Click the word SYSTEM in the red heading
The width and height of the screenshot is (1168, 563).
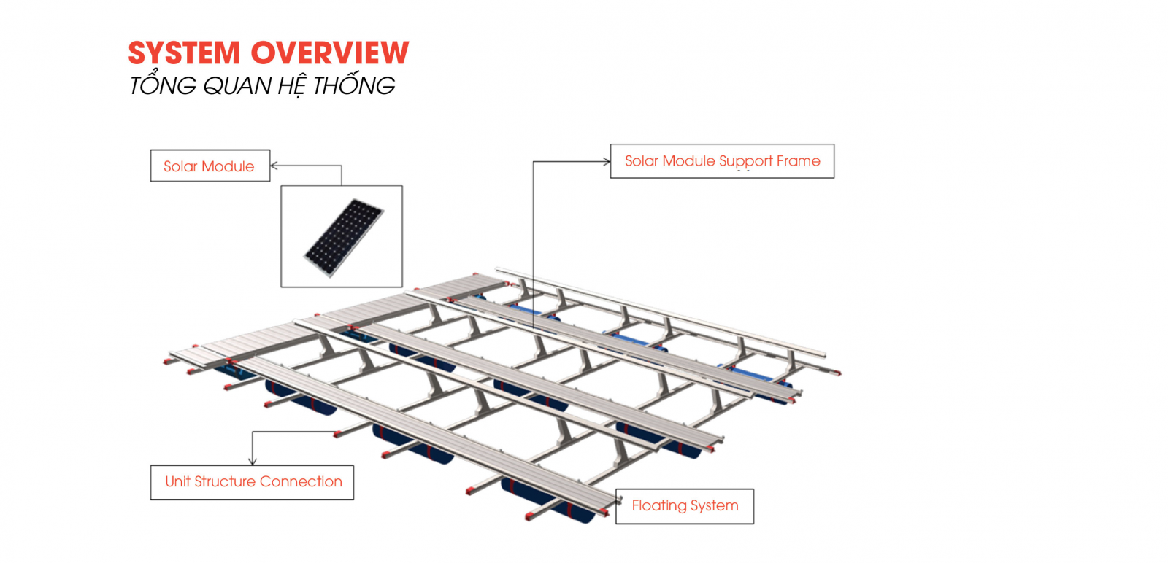tap(184, 53)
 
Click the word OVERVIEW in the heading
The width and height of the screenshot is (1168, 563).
tap(330, 53)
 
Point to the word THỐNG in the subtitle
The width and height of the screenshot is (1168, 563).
tap(354, 85)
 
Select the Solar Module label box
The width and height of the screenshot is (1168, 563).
tap(210, 166)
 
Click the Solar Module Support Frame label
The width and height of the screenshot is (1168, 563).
tap(722, 161)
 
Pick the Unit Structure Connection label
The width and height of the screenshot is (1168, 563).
tap(252, 482)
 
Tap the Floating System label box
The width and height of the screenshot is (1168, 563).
tap(685, 506)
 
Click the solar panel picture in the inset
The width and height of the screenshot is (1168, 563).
tap(344, 237)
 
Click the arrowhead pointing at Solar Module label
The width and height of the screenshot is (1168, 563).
tap(274, 166)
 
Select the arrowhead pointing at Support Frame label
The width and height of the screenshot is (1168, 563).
tap(607, 161)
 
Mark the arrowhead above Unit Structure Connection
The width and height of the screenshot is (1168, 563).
tap(253, 462)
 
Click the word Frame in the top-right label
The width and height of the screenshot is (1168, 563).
tap(799, 161)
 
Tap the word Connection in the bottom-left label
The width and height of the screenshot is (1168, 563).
tap(301, 482)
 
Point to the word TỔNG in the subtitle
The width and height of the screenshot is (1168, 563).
tap(162, 85)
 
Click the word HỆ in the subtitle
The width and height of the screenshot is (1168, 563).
tap(291, 87)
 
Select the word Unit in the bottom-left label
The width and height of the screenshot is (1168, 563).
tap(177, 482)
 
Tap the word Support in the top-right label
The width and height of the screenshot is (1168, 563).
tap(745, 162)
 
